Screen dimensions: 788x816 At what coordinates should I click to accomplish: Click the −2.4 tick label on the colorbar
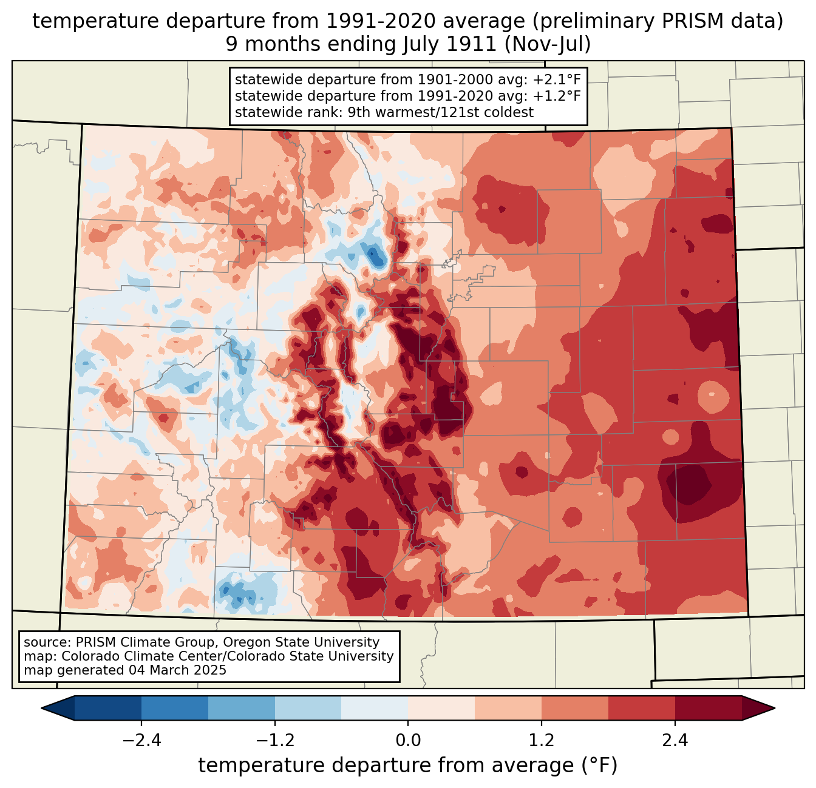pos(141,741)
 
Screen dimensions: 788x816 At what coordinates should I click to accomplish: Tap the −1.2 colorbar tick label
pos(274,741)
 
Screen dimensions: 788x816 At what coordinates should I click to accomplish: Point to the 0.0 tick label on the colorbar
pos(408,741)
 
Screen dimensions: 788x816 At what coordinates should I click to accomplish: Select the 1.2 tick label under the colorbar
pos(542,741)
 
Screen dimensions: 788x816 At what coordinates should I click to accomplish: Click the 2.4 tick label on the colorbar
pos(675,741)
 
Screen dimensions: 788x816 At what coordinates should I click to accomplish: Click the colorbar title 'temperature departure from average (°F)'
pos(408,766)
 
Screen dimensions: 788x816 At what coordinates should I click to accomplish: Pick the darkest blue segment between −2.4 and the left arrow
pos(108,708)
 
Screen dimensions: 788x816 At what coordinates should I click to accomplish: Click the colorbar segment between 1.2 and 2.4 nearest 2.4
pos(642,708)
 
